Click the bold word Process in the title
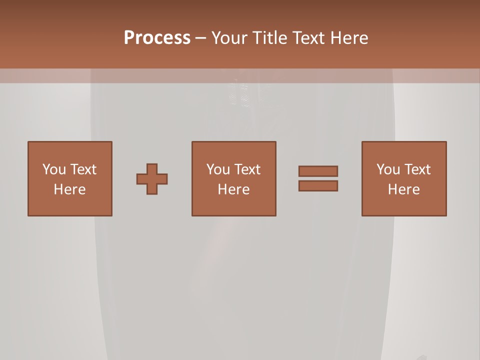click(x=157, y=38)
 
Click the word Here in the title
click(x=350, y=38)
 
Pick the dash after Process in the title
click(x=201, y=38)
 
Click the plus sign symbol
click(x=152, y=178)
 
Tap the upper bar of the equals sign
click(x=318, y=171)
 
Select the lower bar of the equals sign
click(x=318, y=185)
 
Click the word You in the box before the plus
click(x=54, y=169)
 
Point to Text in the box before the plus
click(x=83, y=169)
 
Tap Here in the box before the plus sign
click(x=69, y=189)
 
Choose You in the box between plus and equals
click(x=218, y=169)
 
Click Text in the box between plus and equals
click(x=247, y=169)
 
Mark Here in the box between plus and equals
click(x=233, y=189)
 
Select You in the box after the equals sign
click(x=388, y=169)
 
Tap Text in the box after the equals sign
click(x=417, y=169)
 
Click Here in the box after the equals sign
click(x=403, y=189)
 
